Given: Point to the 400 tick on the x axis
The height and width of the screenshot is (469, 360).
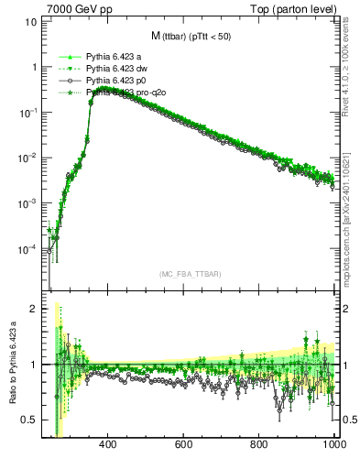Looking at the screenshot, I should point(107,444).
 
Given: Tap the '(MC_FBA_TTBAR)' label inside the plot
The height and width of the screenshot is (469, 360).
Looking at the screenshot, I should point(190,275).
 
